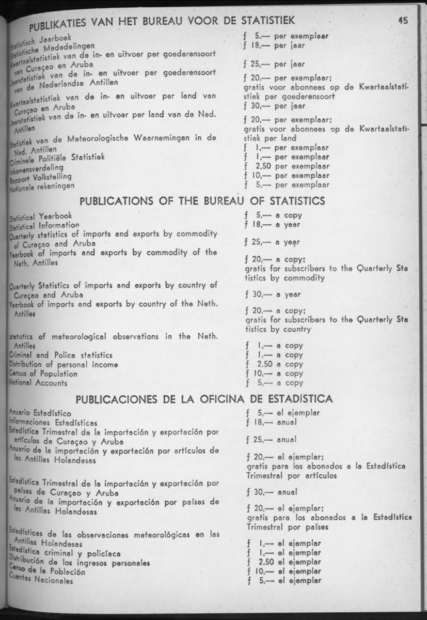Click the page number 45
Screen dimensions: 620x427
[x=403, y=21]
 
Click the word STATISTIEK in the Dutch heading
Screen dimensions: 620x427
[x=262, y=21]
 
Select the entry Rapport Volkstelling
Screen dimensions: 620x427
[x=40, y=178]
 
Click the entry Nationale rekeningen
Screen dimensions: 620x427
[x=42, y=187]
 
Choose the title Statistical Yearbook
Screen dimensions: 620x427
[x=41, y=215]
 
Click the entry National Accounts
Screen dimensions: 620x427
[x=38, y=383]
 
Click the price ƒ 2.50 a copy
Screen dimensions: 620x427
[x=273, y=364]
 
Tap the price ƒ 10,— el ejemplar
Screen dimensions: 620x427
[x=284, y=571]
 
